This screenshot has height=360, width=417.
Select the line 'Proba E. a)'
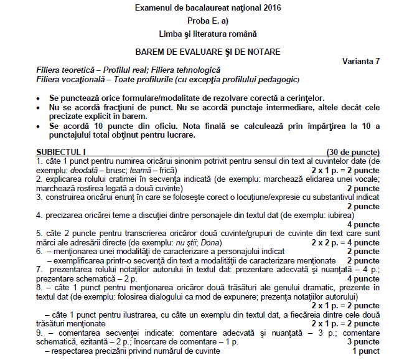point(207,21)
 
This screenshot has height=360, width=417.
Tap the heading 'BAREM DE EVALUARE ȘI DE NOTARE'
point(207,51)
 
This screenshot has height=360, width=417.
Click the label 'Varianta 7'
point(361,61)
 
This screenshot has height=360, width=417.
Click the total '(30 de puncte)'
point(353,152)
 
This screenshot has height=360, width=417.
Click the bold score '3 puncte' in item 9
point(362,342)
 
